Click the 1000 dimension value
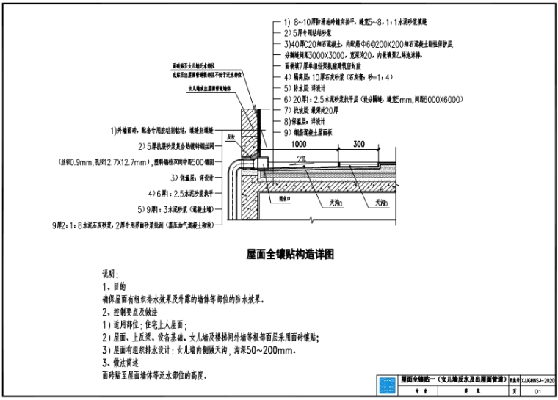tap(297, 145)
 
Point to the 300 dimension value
tap(360, 145)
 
